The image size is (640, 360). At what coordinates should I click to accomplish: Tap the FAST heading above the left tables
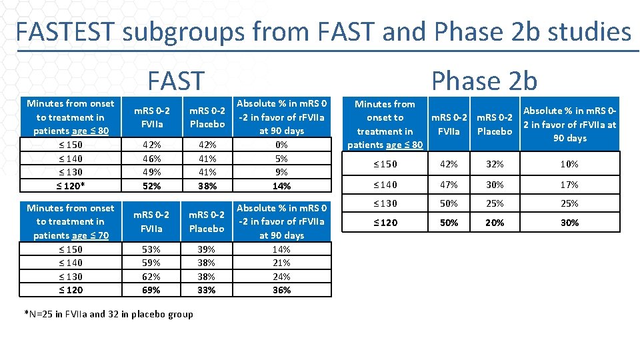tap(175, 81)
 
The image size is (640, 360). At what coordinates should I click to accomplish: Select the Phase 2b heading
tap(484, 81)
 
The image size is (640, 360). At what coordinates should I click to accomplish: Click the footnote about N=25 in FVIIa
tap(108, 314)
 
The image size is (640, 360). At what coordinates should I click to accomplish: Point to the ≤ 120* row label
tap(71, 186)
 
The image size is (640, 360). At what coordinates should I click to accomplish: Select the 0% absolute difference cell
tap(281, 145)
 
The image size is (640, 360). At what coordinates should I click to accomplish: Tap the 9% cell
tap(281, 172)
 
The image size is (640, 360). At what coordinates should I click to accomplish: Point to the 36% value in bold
tap(281, 290)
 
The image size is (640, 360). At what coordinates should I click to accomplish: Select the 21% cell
tap(281, 263)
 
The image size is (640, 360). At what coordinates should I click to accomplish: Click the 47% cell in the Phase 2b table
tap(449, 185)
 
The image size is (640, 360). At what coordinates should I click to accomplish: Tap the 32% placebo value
tap(495, 164)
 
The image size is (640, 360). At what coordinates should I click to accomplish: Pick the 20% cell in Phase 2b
tap(495, 223)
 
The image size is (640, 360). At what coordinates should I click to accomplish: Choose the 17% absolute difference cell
tap(569, 185)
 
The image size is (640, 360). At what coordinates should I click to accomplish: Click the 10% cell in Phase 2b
tap(569, 164)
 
